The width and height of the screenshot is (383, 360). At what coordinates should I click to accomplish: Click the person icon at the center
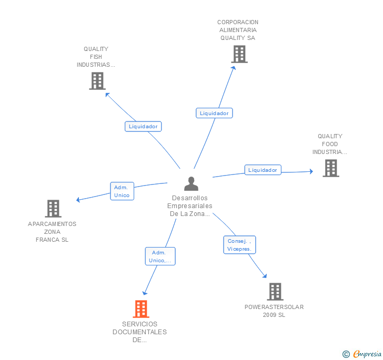(x=191, y=183)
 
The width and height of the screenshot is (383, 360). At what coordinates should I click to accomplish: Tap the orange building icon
(x=141, y=308)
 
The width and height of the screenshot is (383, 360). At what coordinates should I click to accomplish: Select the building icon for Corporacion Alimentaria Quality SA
(x=239, y=54)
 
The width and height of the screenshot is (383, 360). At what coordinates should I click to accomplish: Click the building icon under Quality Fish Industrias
(x=97, y=81)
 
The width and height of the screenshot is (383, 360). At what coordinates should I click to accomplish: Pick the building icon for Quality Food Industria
(x=331, y=168)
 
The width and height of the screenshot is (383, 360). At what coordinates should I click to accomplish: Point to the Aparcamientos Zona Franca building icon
(x=53, y=209)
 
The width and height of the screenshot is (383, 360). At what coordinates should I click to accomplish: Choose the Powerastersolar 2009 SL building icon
(x=275, y=292)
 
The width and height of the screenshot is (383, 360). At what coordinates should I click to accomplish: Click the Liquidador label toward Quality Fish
(x=143, y=127)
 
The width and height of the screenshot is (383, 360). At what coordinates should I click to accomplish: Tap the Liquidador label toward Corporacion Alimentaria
(x=214, y=113)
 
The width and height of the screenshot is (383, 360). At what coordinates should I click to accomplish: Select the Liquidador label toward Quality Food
(x=263, y=170)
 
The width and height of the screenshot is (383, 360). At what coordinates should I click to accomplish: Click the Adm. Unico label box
(x=122, y=191)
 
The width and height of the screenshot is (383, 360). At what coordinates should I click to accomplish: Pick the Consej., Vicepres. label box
(x=239, y=245)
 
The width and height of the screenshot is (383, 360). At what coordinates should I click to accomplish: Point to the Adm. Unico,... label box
(x=160, y=256)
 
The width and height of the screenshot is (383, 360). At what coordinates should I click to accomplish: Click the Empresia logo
(x=367, y=354)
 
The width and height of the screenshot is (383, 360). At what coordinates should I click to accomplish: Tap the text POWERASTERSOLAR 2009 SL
(x=274, y=311)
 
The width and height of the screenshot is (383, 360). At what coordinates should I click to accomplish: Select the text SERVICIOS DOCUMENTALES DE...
(x=140, y=332)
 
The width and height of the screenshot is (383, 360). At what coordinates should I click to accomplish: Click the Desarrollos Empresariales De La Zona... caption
(x=190, y=205)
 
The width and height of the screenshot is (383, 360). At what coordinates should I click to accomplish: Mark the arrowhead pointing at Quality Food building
(x=311, y=171)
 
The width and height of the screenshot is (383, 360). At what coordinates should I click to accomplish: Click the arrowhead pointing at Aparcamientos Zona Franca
(x=78, y=200)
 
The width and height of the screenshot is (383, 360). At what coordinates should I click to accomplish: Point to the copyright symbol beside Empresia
(x=346, y=354)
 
